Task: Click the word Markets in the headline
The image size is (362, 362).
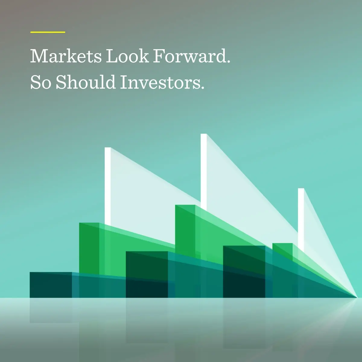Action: click(x=66, y=56)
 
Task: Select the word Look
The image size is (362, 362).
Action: click(x=127, y=56)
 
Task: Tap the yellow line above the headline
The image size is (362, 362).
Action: click(x=48, y=32)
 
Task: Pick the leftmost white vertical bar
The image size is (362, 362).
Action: click(x=108, y=184)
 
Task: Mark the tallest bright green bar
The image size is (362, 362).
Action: click(x=185, y=229)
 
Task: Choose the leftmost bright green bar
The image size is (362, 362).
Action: click(x=89, y=247)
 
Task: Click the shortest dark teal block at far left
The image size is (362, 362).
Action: click(x=51, y=285)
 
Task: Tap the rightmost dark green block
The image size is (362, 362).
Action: click(x=244, y=271)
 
